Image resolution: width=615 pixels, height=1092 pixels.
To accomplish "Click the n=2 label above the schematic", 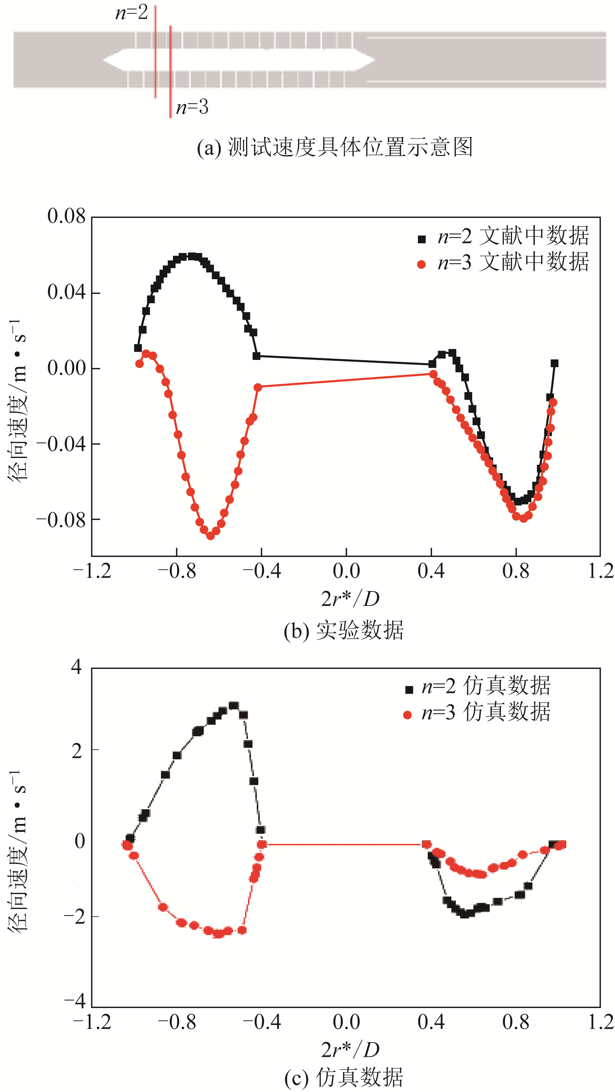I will pos(131,13).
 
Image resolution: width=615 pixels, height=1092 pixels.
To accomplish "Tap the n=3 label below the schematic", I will pos(192,107).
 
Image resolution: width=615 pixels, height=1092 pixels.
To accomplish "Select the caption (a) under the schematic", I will pos(334,147).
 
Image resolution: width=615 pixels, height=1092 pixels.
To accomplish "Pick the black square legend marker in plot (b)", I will pos(421,239).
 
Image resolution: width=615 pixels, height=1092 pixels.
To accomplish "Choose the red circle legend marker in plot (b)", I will pos(421,265).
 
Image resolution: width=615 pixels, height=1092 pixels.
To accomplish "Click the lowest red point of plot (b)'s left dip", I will pos(210,535).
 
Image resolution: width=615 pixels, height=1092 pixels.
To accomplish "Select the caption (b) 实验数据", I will pos(344,631).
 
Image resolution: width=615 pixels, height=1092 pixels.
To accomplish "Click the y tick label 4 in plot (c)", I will pos(76,667).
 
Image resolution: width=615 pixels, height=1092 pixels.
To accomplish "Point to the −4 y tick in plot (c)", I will pos(75,1001).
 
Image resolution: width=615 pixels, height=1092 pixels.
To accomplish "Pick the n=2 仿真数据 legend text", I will pos(486,686).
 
